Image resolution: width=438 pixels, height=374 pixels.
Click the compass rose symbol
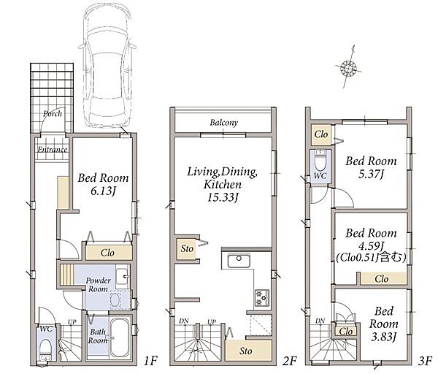click(348, 67)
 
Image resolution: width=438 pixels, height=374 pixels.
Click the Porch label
click(53, 113)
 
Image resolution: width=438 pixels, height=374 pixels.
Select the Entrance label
click(53, 149)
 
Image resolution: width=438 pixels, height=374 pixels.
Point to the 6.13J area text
click(103, 191)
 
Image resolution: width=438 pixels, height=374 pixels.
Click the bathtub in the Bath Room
click(119, 338)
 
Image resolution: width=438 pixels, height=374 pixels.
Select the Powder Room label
click(98, 285)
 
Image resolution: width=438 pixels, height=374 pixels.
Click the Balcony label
click(224, 123)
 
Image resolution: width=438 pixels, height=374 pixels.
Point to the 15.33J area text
click(223, 198)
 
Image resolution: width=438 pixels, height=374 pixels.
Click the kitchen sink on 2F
click(239, 261)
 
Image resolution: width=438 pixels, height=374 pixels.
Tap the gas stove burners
click(262, 298)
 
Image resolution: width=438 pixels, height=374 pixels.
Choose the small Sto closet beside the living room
click(187, 248)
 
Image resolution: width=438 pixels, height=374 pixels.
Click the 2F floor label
click(289, 361)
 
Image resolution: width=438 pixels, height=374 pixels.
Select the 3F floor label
click(425, 361)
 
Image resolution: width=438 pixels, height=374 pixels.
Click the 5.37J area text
click(371, 175)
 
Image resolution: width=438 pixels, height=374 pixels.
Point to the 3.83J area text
click(383, 337)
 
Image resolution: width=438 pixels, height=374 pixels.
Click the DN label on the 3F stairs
click(320, 321)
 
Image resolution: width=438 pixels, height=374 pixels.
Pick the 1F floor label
click(151, 361)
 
